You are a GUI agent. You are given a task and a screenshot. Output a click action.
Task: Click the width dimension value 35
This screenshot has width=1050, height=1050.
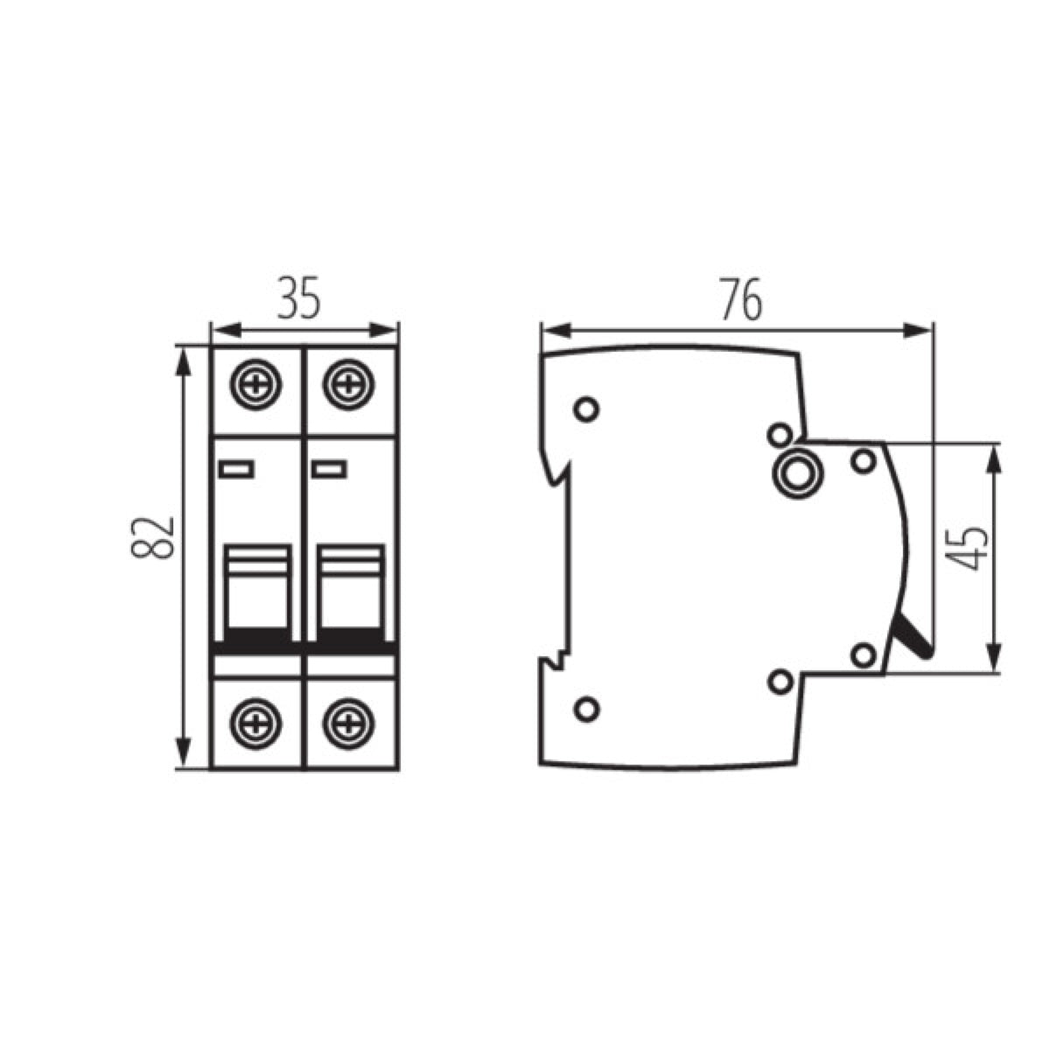coord(300,297)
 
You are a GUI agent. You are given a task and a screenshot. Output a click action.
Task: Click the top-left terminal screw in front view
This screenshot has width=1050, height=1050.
coord(256,384)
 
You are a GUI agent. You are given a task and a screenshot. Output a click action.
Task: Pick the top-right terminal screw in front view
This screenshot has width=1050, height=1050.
coord(348,384)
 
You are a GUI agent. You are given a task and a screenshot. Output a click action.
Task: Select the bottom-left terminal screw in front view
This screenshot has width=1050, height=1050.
coord(256,721)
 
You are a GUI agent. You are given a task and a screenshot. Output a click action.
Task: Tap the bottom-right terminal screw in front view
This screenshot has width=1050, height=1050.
coord(348,721)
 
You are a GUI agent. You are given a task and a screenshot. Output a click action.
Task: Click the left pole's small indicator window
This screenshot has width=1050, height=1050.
coord(237,470)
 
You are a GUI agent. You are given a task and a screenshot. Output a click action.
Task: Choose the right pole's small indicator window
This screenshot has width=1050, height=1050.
coord(330,470)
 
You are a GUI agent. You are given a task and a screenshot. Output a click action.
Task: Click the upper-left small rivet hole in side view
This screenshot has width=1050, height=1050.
coord(586,409)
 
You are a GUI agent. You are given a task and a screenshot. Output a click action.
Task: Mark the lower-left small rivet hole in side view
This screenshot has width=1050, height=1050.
coord(586,707)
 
